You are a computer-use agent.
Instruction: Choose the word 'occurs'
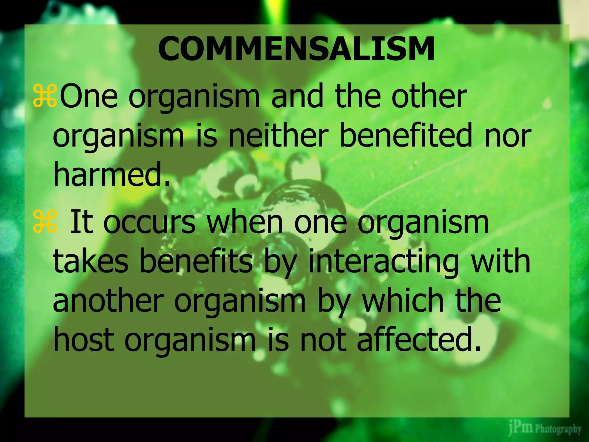(x=150, y=222)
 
